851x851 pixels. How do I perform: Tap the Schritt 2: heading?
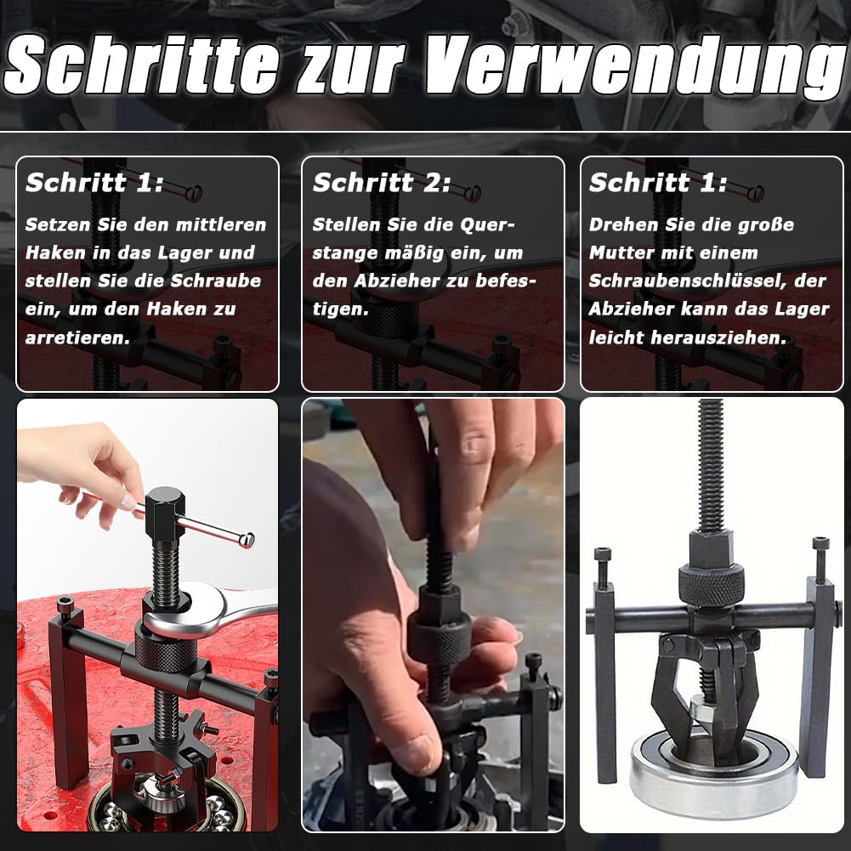pos(382,183)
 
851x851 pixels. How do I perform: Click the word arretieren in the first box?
pos(77,338)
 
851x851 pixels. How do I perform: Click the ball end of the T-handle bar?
pos(247,539)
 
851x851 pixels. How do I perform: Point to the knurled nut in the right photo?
pos(711,584)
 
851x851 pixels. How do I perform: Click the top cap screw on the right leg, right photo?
pos(820,544)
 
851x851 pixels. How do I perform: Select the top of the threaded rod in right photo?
pos(711,408)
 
